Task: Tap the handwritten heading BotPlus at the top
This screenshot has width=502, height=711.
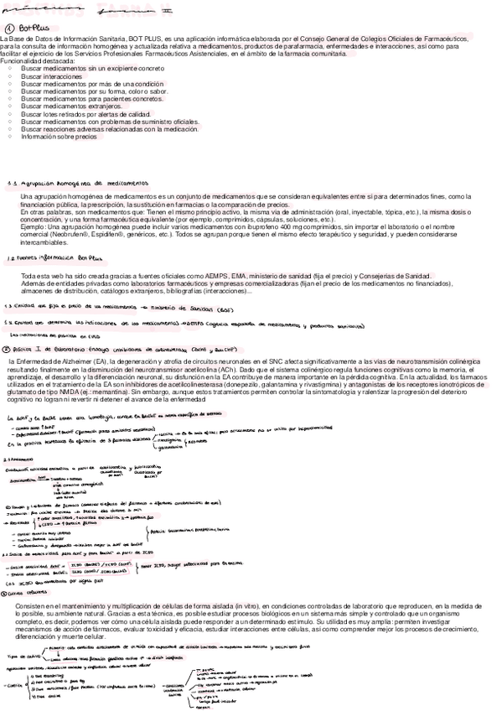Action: [33, 28]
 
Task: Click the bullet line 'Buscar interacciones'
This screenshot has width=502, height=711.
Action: [51, 75]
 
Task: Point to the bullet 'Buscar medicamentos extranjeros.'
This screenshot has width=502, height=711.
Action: [67, 106]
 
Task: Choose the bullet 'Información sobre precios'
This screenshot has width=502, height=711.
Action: [60, 136]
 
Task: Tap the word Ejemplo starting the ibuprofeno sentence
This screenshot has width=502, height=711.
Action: [33, 226]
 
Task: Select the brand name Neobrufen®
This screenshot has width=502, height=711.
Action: [71, 233]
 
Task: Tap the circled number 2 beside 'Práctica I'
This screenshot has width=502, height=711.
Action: [6, 348]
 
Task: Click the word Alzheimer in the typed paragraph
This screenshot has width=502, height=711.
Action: [80, 360]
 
